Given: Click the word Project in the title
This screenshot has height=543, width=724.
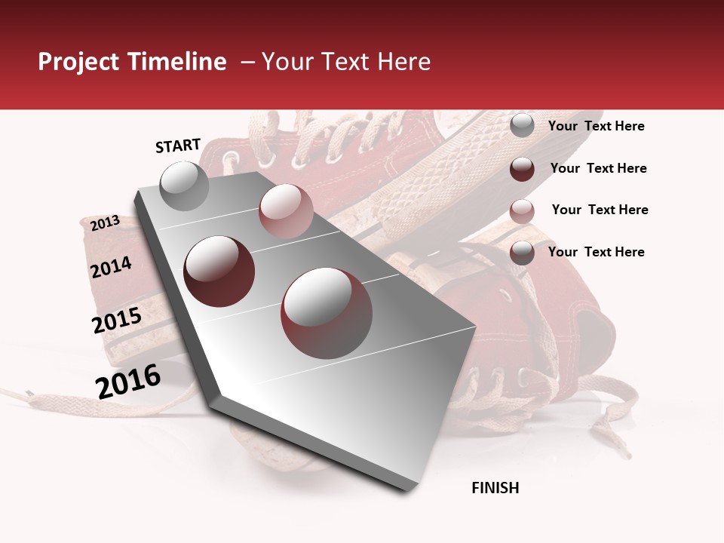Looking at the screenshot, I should coord(77,62).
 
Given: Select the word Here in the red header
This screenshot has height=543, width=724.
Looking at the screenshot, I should coord(403,62).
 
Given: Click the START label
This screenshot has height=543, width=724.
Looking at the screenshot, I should coord(178,146).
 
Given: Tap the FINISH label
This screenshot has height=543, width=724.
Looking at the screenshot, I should coord(495,488).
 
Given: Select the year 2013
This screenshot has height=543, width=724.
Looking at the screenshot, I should coord(105,223).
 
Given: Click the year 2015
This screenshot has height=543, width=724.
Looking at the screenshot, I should coord(117,321).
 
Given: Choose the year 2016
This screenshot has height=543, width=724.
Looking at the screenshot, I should coord(128,382).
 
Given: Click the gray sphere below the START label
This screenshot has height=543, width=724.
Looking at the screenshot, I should coord(184,186).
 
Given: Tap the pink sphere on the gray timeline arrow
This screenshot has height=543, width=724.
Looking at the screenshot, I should coord(286,211).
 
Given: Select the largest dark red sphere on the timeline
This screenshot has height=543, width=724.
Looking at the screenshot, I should coord(327,313).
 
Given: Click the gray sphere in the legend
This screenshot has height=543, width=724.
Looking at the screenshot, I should coord(522,126).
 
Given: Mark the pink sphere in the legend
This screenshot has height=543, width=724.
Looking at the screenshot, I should coord(522,211).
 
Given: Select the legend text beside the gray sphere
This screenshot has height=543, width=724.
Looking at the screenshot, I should coord(596,127).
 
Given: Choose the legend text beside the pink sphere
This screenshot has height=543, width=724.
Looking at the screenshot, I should coord(600,210).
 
